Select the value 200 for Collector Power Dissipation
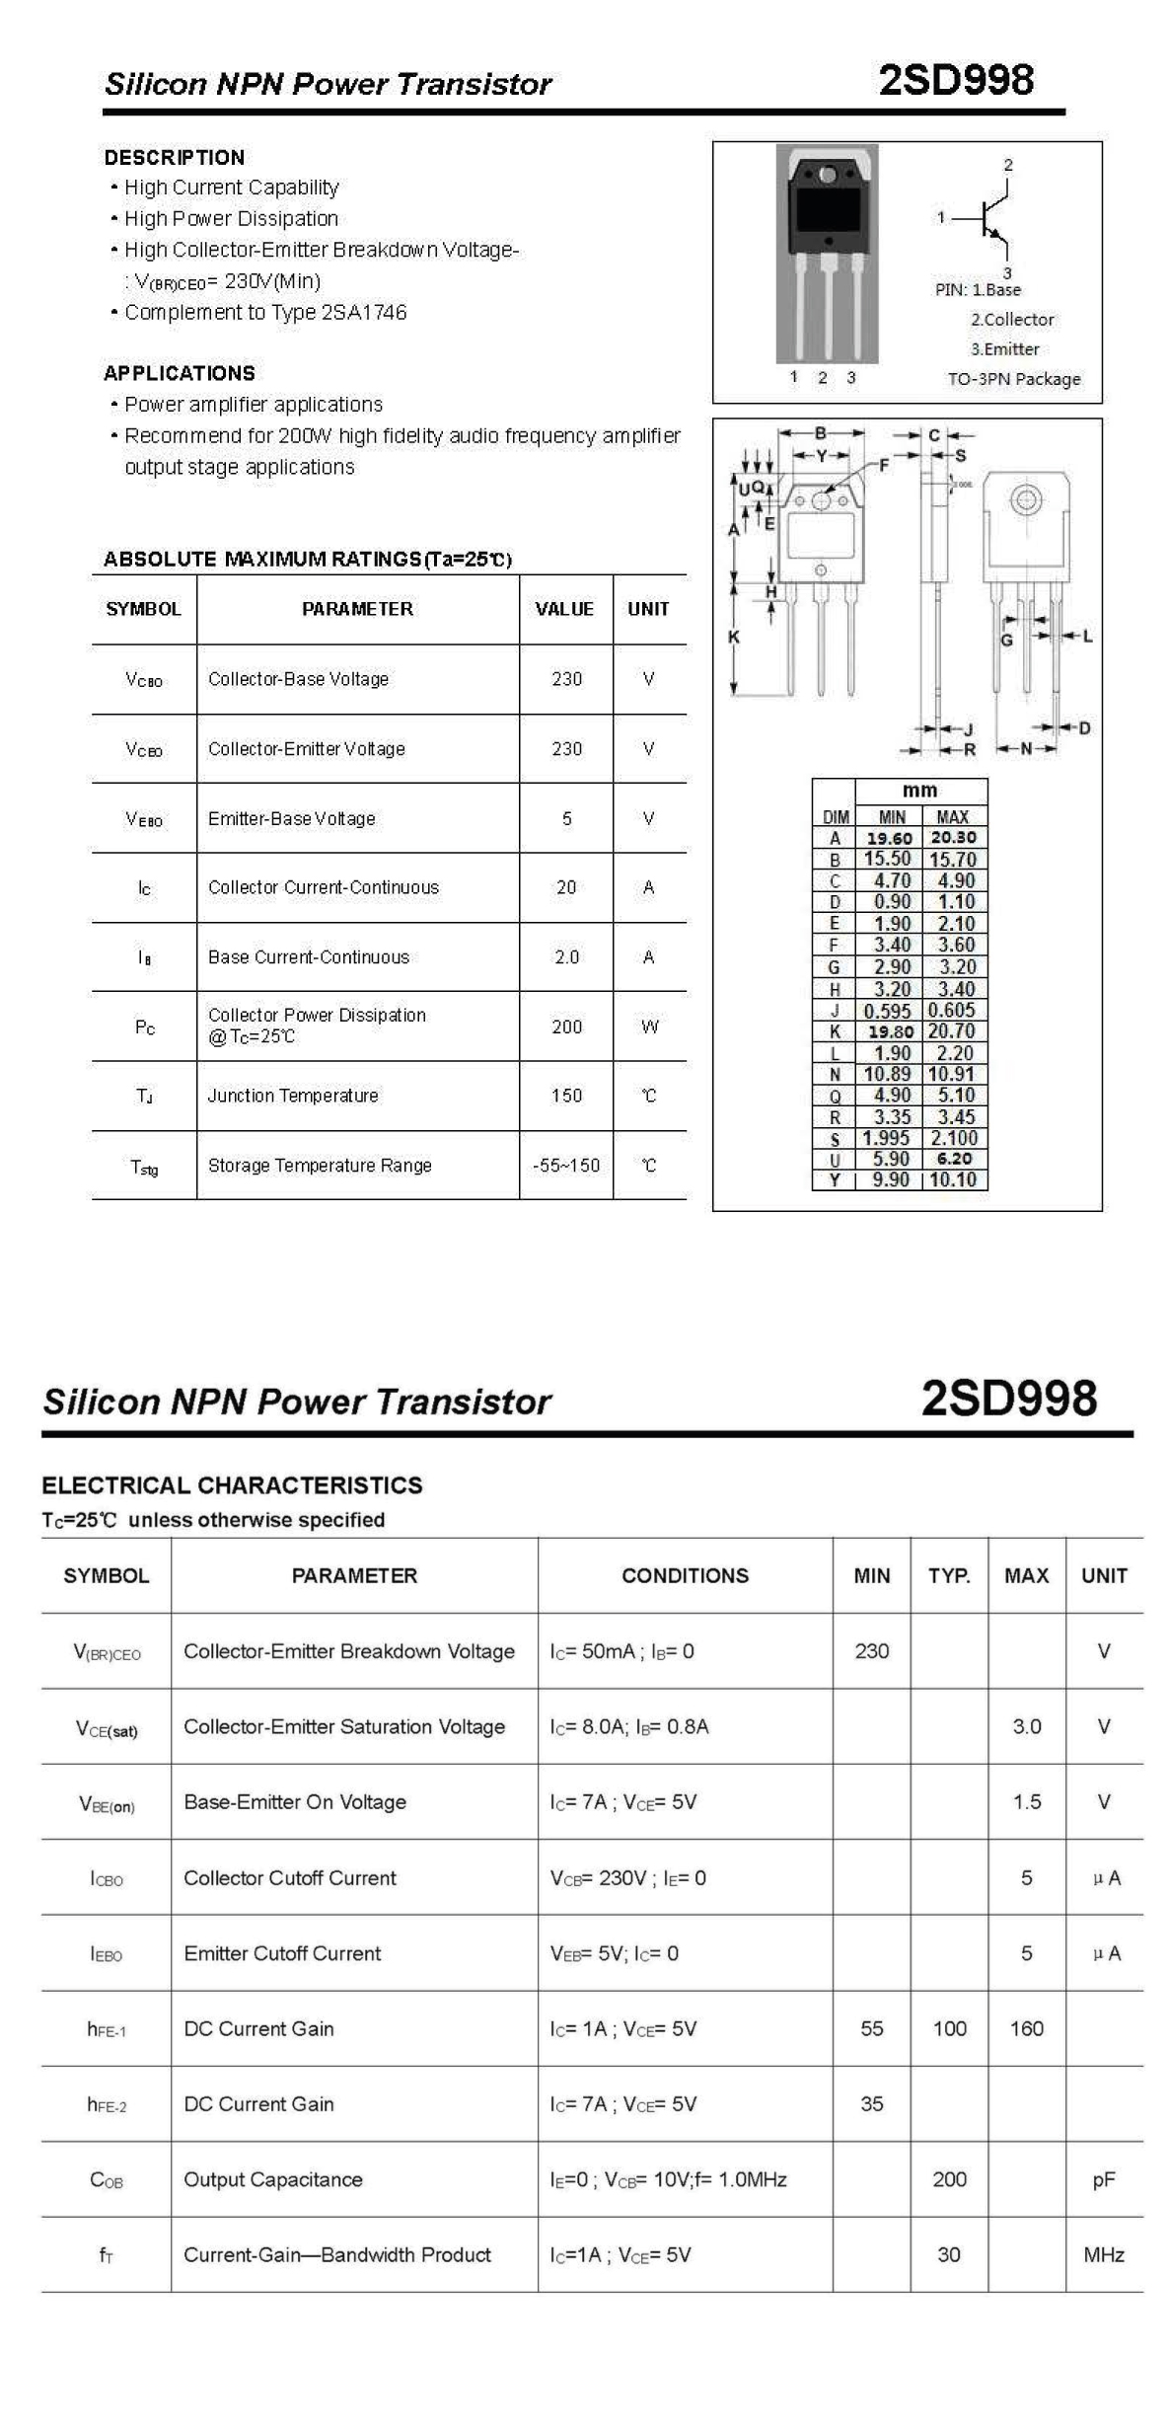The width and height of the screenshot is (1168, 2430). point(566,1026)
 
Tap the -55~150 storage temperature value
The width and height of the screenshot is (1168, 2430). point(566,1166)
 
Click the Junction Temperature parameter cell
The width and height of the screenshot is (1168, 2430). point(293,1096)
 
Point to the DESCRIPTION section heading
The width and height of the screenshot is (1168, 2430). point(175,158)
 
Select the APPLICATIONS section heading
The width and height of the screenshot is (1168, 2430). point(180,373)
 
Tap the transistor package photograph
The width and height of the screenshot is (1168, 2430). point(827,254)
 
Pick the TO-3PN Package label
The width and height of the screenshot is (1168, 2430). point(1014,379)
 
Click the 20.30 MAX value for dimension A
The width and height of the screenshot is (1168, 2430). point(954,838)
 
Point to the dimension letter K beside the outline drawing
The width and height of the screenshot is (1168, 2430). point(733,638)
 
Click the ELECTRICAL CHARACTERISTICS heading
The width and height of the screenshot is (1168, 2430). point(232,1485)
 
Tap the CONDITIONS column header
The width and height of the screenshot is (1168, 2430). point(685,1576)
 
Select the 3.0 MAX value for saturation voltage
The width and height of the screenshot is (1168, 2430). point(1027,1726)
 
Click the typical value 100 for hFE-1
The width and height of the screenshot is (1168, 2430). point(949,2028)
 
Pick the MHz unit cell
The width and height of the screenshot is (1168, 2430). point(1104,2254)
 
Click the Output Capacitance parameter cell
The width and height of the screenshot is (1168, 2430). point(273,2179)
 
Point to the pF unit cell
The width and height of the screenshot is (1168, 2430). point(1104,2179)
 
